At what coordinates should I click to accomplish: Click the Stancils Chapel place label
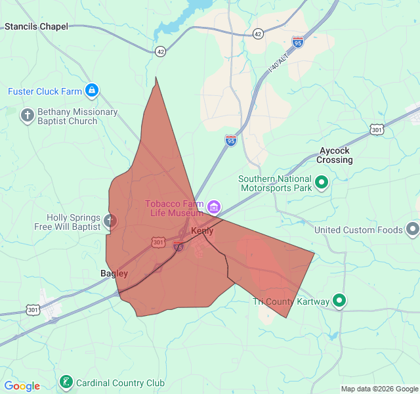click(36, 27)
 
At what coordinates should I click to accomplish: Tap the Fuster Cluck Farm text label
click(45, 91)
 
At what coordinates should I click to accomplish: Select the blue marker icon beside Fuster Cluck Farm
click(93, 89)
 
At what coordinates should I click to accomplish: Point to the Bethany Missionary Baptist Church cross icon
click(28, 116)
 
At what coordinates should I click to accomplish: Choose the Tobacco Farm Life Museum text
click(175, 208)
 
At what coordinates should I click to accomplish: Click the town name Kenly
click(202, 231)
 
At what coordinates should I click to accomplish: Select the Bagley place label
click(114, 273)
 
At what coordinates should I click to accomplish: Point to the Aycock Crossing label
click(335, 155)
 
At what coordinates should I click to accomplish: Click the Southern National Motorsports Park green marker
click(322, 183)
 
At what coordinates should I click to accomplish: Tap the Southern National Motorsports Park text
click(275, 183)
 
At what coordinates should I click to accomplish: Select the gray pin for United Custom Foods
click(413, 229)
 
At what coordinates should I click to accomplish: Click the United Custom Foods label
click(358, 230)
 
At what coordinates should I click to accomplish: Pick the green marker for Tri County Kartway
click(339, 301)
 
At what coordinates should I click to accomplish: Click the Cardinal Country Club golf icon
click(66, 382)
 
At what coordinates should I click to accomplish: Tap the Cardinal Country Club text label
click(120, 383)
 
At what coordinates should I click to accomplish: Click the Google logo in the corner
click(22, 386)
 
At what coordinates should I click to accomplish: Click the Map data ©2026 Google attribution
click(379, 389)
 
